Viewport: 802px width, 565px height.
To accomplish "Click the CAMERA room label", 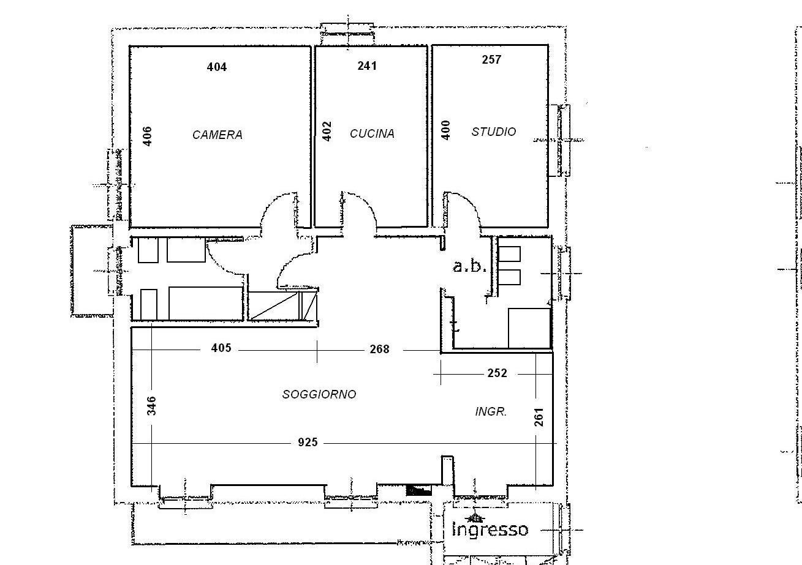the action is pyautogui.click(x=218, y=135).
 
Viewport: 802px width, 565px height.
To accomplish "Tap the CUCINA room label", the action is pyautogui.click(x=372, y=134).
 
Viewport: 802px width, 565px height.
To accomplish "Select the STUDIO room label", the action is pyautogui.click(x=494, y=132).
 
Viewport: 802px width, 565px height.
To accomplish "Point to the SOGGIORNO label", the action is pyautogui.click(x=319, y=394).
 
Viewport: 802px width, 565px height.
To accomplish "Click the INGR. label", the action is pyautogui.click(x=491, y=412).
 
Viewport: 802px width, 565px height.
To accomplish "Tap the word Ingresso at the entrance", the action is pyautogui.click(x=490, y=529).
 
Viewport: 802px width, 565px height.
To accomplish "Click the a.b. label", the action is pyautogui.click(x=469, y=266).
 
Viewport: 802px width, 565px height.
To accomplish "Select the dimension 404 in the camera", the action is pyautogui.click(x=217, y=67).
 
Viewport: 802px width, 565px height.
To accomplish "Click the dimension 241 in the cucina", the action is pyautogui.click(x=367, y=66).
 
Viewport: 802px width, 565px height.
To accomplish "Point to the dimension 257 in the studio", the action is pyautogui.click(x=491, y=59).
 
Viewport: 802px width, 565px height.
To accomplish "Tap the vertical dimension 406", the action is pyautogui.click(x=147, y=137).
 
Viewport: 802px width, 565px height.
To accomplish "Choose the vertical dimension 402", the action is pyautogui.click(x=327, y=132).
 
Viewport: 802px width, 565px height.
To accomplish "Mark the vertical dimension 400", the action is pyautogui.click(x=445, y=130).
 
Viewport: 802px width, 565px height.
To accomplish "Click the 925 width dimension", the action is pyautogui.click(x=308, y=443).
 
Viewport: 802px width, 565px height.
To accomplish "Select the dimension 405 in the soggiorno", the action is pyautogui.click(x=221, y=348).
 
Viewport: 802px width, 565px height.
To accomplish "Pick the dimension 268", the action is pyautogui.click(x=379, y=349).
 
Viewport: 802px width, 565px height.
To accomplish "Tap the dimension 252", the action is pyautogui.click(x=497, y=373).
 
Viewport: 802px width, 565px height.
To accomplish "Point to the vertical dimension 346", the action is pyautogui.click(x=152, y=406).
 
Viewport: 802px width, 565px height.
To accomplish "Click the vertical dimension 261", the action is pyautogui.click(x=539, y=417).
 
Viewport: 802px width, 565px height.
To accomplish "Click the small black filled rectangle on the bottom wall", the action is pyautogui.click(x=419, y=490).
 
